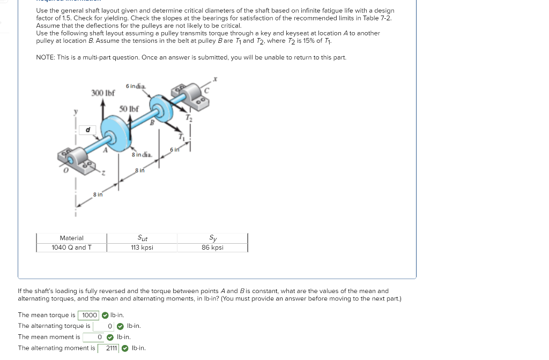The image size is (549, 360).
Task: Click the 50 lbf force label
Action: tap(129, 109)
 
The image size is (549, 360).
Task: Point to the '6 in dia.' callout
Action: tap(136, 86)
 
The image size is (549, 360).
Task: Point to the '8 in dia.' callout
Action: tap(142, 154)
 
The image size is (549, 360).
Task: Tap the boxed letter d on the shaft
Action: tap(87, 129)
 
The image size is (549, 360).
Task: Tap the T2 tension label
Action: tap(188, 117)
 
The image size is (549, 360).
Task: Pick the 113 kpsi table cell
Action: tap(142, 247)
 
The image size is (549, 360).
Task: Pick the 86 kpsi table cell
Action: tap(213, 247)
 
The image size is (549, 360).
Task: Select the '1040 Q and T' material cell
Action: tap(71, 247)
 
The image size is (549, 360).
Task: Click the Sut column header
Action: tap(142, 238)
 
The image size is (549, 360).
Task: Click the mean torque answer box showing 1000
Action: tap(89, 315)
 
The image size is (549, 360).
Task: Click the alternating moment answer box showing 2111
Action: tap(111, 348)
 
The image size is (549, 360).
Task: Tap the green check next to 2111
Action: tap(125, 348)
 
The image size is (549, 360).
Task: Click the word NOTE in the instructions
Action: tap(46, 57)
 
